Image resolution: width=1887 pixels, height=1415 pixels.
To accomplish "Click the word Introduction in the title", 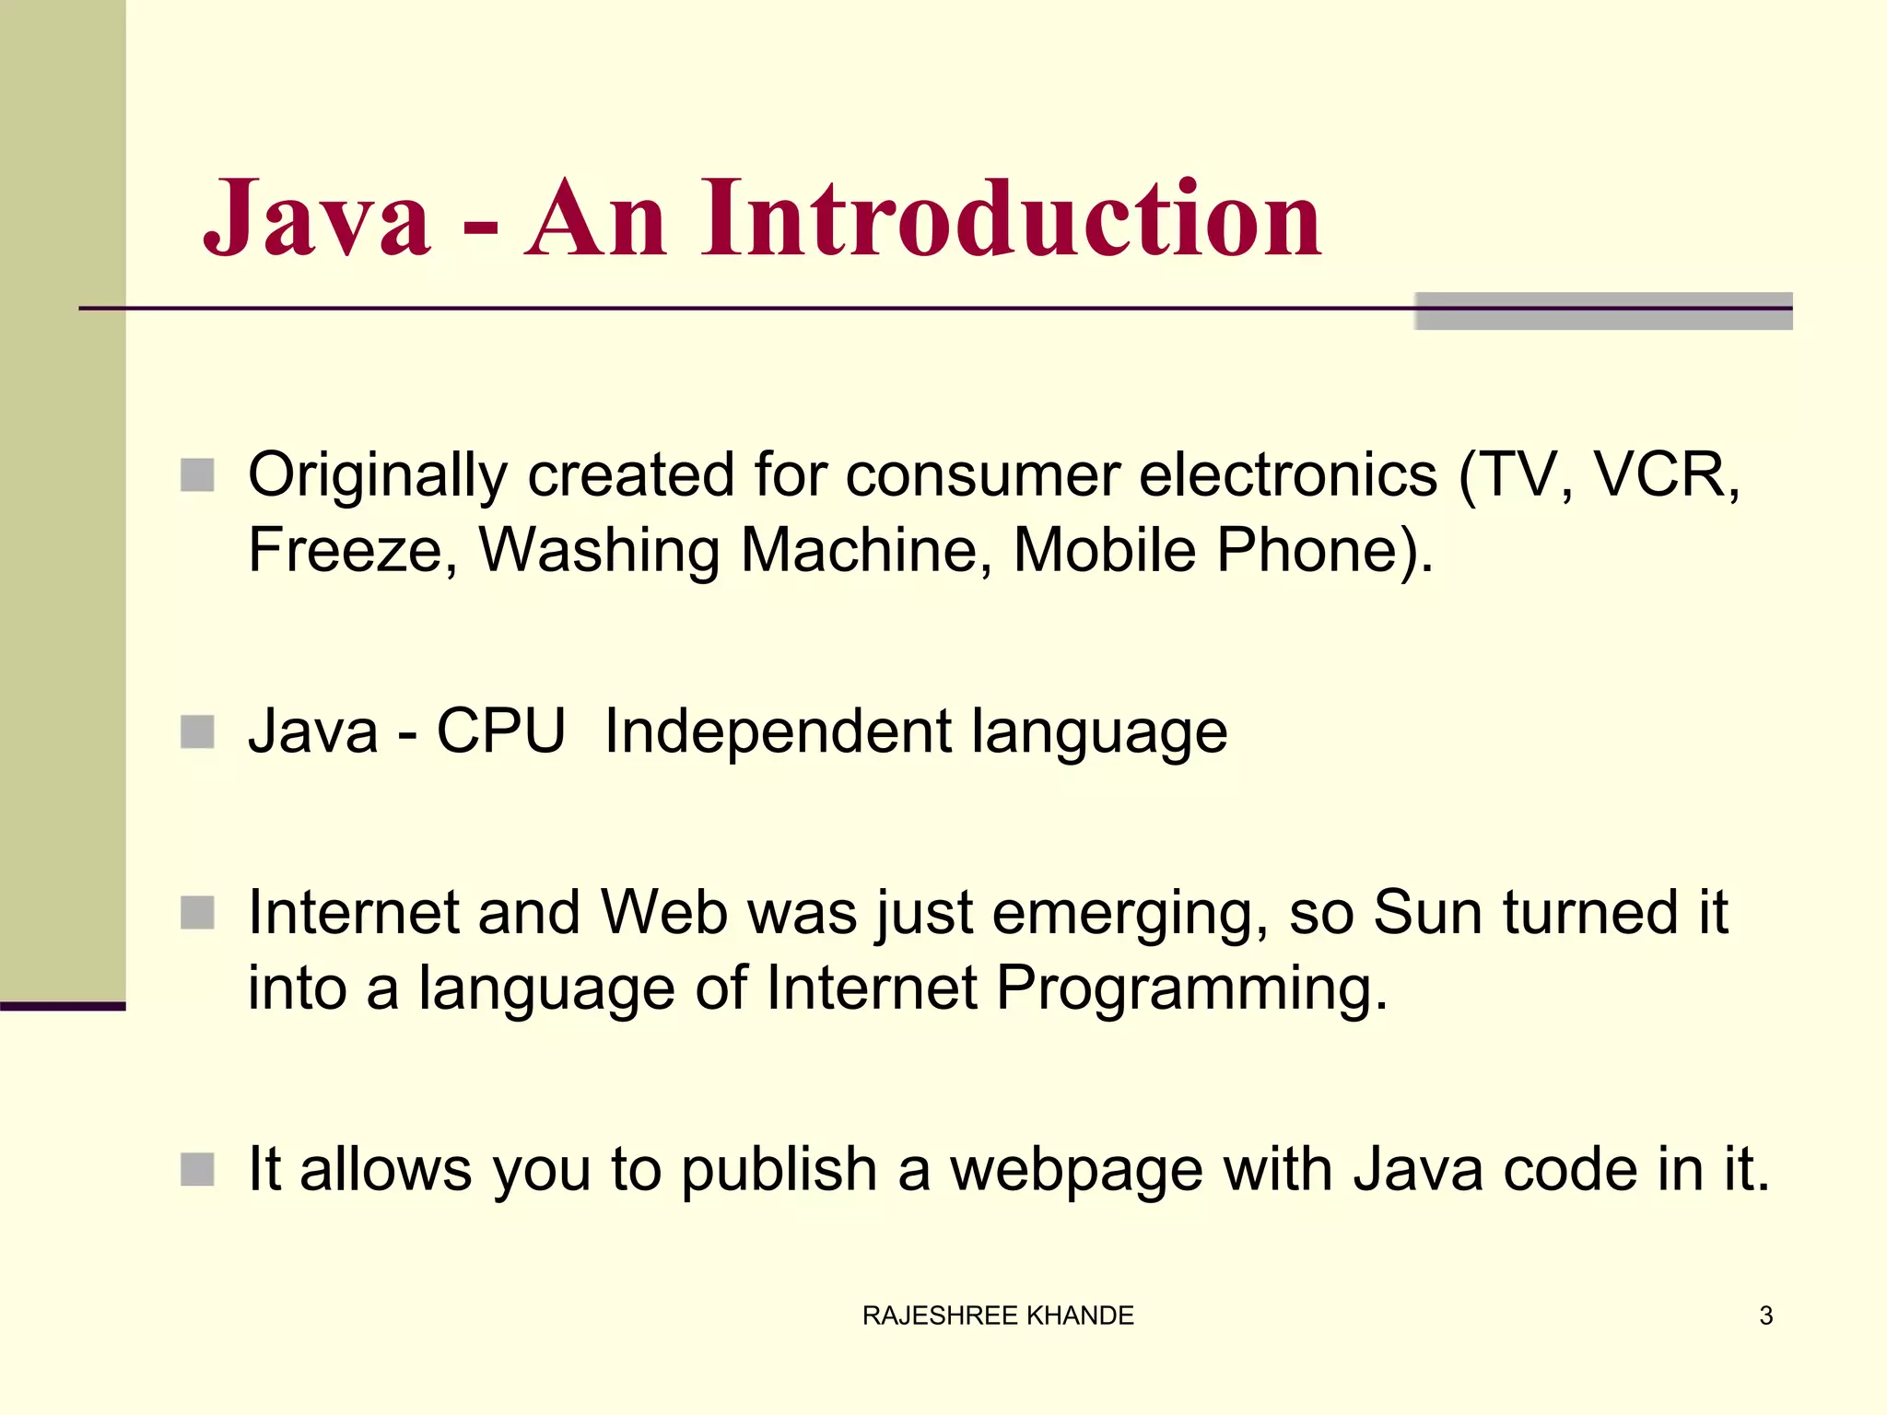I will (1011, 218).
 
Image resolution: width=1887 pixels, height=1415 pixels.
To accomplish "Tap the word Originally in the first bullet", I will (377, 476).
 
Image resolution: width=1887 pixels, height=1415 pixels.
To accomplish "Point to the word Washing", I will (598, 550).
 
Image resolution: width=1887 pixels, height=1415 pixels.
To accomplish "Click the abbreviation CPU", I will (500, 731).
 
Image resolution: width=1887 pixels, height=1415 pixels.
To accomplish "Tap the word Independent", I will (778, 731).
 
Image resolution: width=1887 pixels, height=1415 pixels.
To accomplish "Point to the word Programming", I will (1191, 989).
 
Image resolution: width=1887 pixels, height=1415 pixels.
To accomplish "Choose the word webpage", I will (1076, 1170).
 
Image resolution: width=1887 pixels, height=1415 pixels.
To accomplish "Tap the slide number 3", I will (1765, 1316).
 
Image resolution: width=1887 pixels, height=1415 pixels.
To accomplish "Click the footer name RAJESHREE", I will (940, 1316).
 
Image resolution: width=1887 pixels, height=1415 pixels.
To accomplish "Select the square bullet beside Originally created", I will (197, 475).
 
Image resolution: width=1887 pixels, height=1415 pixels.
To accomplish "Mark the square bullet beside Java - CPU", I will (197, 732).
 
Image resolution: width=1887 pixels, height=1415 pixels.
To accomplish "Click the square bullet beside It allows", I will (197, 1170).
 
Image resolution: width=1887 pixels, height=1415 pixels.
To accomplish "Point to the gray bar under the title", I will (1603, 311).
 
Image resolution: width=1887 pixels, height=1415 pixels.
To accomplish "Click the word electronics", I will (1288, 476).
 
